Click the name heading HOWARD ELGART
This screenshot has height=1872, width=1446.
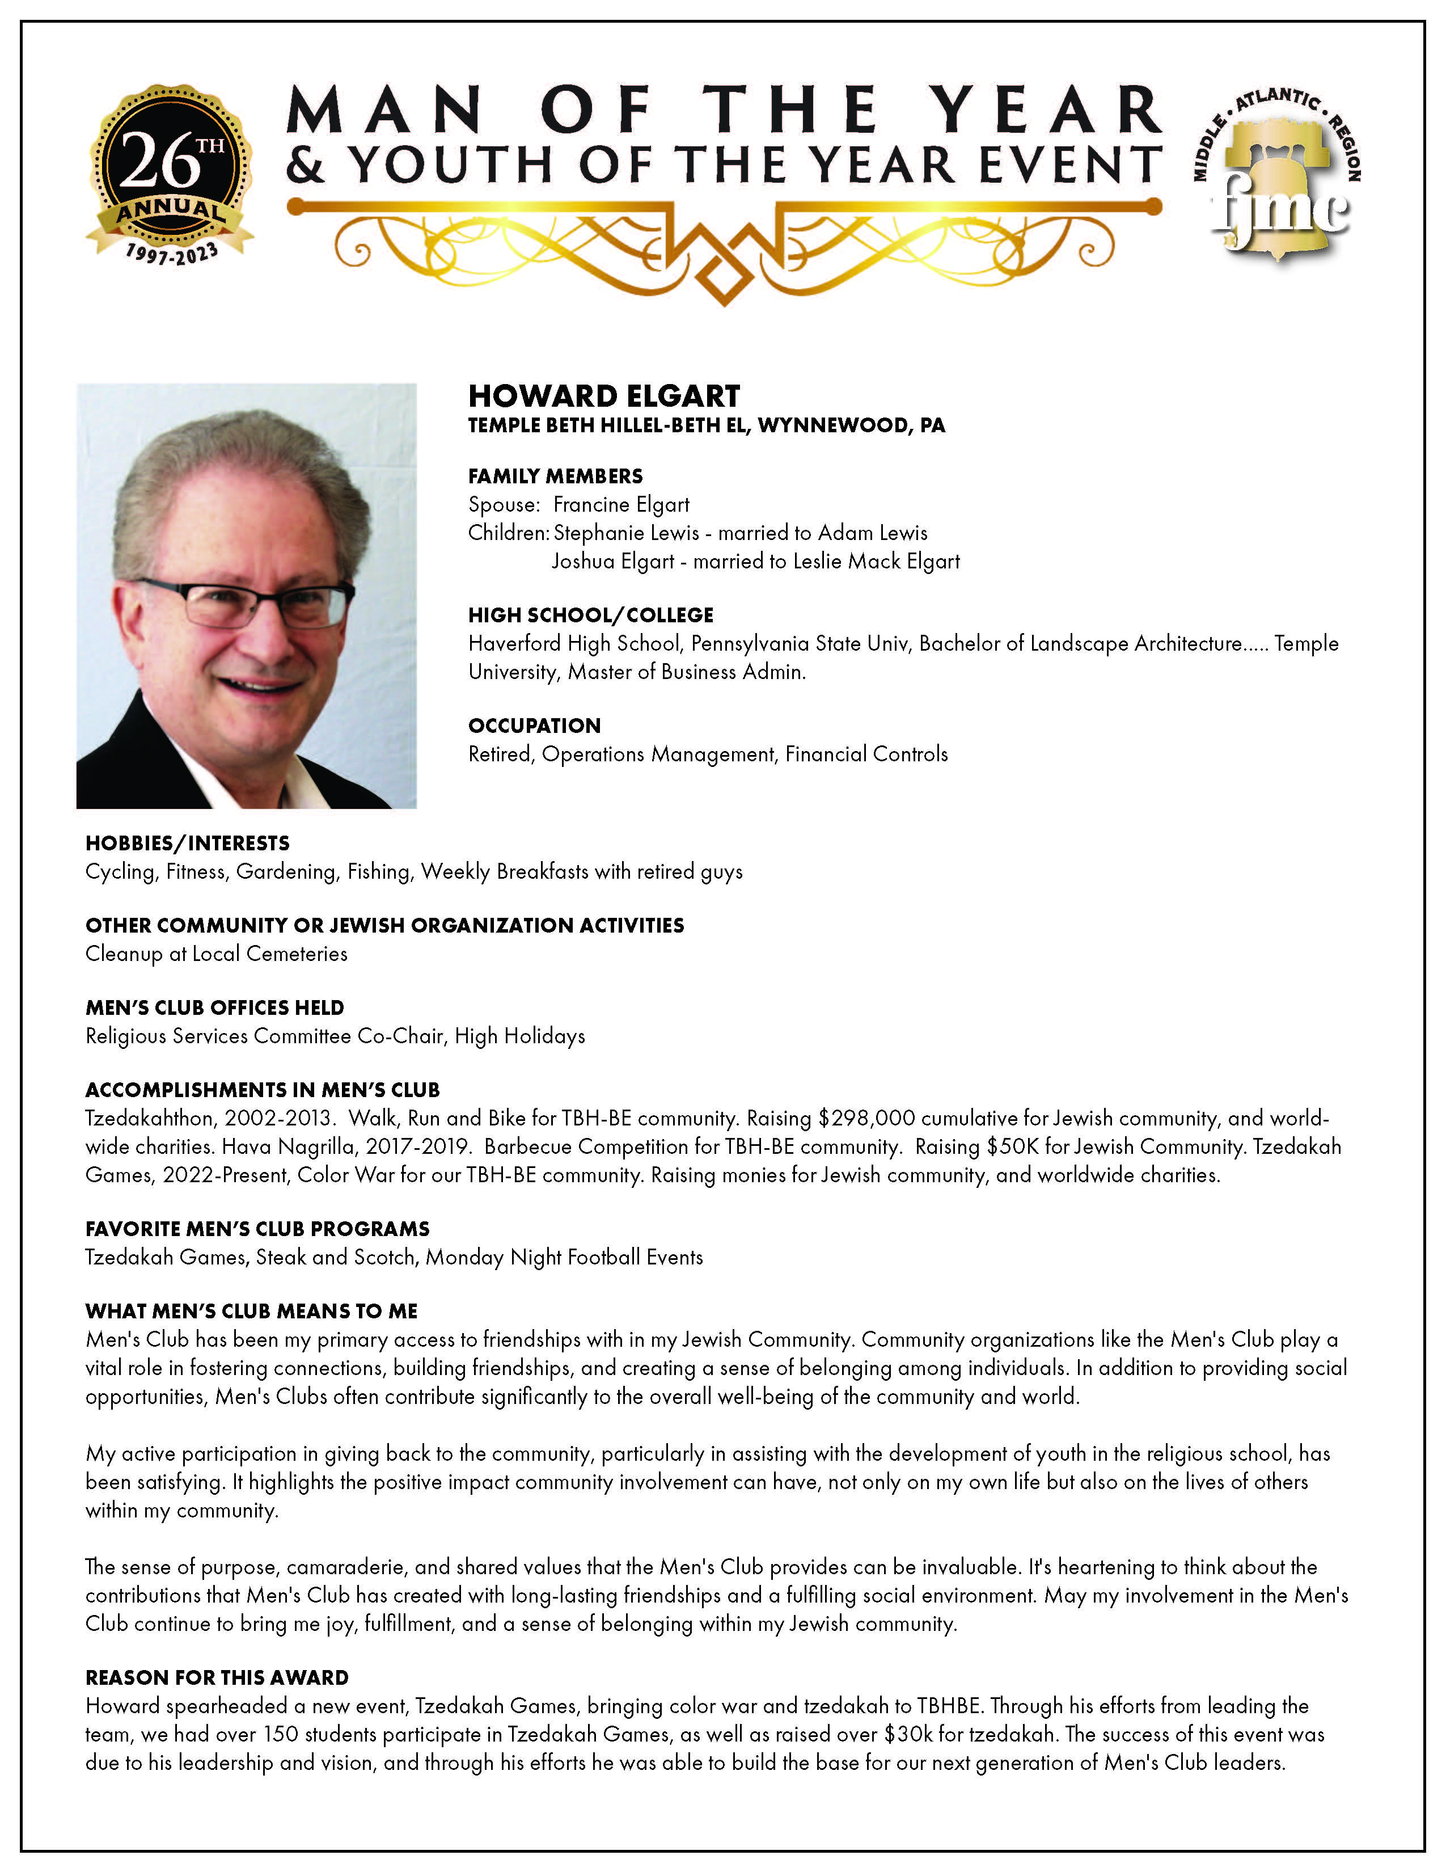click(604, 396)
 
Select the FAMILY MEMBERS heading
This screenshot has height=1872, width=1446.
click(555, 476)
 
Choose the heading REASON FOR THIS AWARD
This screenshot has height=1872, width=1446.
click(217, 1677)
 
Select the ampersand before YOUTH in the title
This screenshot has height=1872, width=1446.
click(306, 166)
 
